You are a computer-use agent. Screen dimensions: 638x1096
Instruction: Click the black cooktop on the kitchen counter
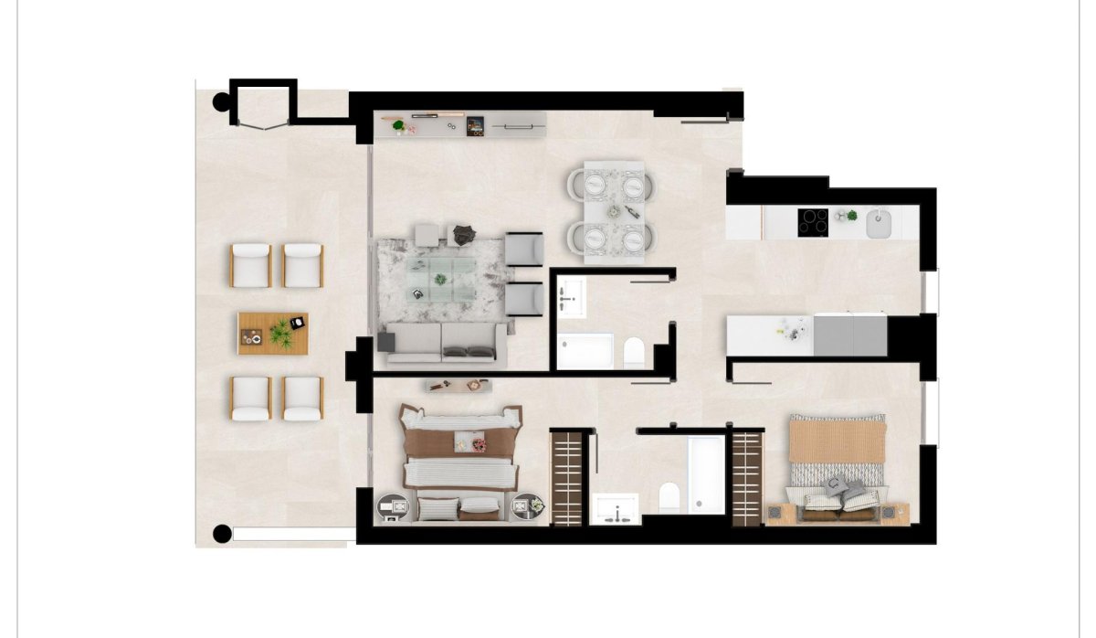(813, 222)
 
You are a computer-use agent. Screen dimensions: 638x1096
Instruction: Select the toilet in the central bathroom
(634, 352)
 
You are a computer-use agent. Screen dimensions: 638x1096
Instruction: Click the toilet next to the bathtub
(670, 497)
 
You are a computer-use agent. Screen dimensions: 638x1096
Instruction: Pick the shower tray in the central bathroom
(585, 352)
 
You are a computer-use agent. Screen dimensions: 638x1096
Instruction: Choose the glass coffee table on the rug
(441, 272)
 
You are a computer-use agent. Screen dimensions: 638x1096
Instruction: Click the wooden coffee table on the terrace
(273, 333)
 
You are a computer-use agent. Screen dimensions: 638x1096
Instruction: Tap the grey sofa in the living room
(444, 340)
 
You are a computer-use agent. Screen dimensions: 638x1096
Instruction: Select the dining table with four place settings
(613, 212)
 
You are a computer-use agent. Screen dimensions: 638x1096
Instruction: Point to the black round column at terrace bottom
(221, 533)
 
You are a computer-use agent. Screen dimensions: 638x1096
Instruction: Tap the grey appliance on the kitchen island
(849, 335)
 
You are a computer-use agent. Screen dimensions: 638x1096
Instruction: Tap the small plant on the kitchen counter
(851, 216)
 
